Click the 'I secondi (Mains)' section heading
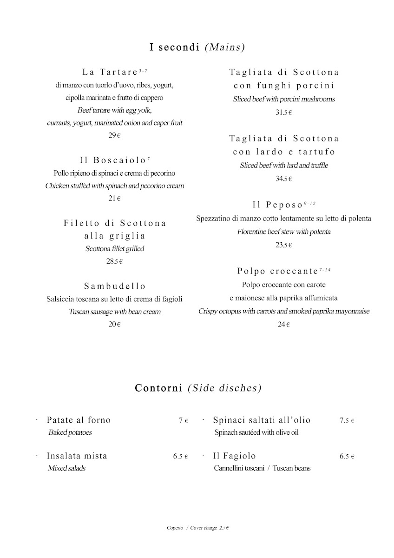(x=197, y=47)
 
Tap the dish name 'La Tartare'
(x=110, y=72)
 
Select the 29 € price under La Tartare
(x=114, y=136)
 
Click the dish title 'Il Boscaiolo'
(x=113, y=160)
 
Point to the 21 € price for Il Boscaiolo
(x=114, y=199)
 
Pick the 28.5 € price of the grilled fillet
(x=114, y=261)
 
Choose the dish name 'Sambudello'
(x=115, y=286)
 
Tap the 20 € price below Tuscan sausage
(x=114, y=325)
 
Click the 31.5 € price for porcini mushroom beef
(x=283, y=112)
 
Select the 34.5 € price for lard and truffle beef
(x=283, y=179)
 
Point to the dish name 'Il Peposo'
(x=278, y=205)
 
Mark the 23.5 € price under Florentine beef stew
(x=283, y=245)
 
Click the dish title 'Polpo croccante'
(x=277, y=271)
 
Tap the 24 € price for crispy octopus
(x=283, y=325)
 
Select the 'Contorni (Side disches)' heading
(x=198, y=388)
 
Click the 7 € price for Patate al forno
(x=183, y=421)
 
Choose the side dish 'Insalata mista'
(x=77, y=456)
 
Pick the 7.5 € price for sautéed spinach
(x=347, y=421)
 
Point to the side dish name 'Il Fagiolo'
(x=234, y=456)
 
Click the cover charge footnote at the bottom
(x=199, y=528)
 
